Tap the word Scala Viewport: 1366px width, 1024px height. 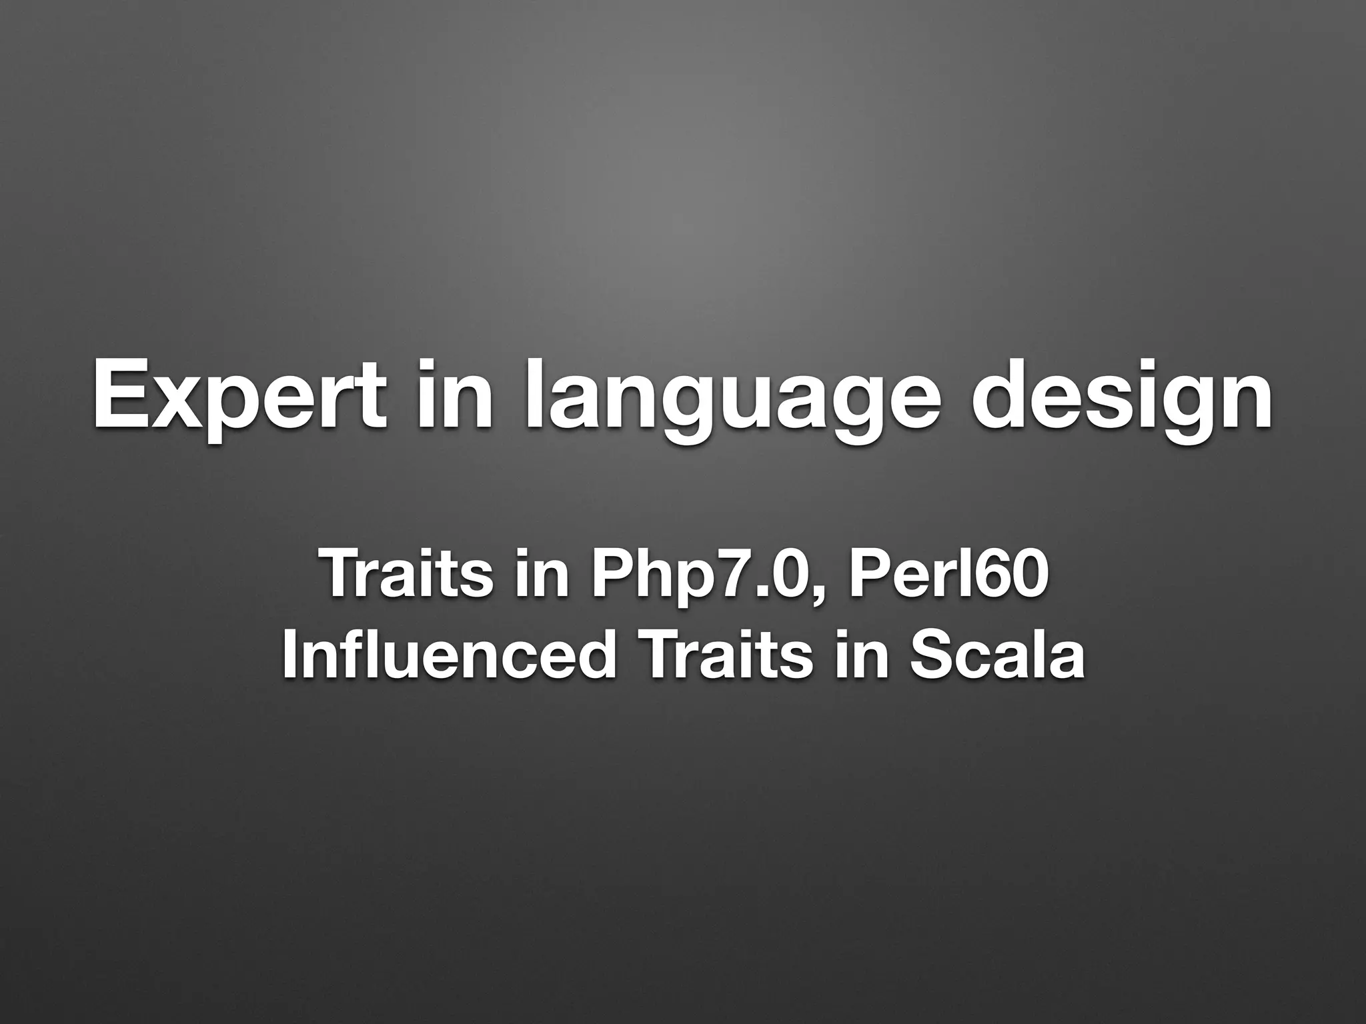pyautogui.click(x=997, y=655)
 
